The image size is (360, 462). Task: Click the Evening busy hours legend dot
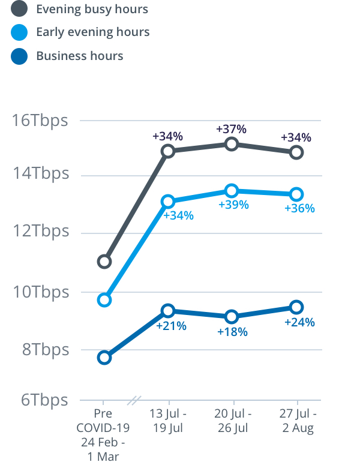click(19, 9)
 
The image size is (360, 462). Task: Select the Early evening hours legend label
click(92, 32)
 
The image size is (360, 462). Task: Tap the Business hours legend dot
click(19, 56)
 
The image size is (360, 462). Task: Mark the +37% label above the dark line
click(232, 129)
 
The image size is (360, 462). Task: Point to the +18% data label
click(232, 331)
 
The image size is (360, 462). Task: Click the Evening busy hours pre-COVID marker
click(104, 262)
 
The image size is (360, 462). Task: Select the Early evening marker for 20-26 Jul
click(232, 191)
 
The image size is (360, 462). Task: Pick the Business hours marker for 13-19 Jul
click(168, 311)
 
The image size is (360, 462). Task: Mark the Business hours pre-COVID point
click(104, 358)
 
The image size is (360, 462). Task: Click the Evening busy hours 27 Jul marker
click(296, 152)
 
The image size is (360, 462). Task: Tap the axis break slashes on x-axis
click(136, 400)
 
